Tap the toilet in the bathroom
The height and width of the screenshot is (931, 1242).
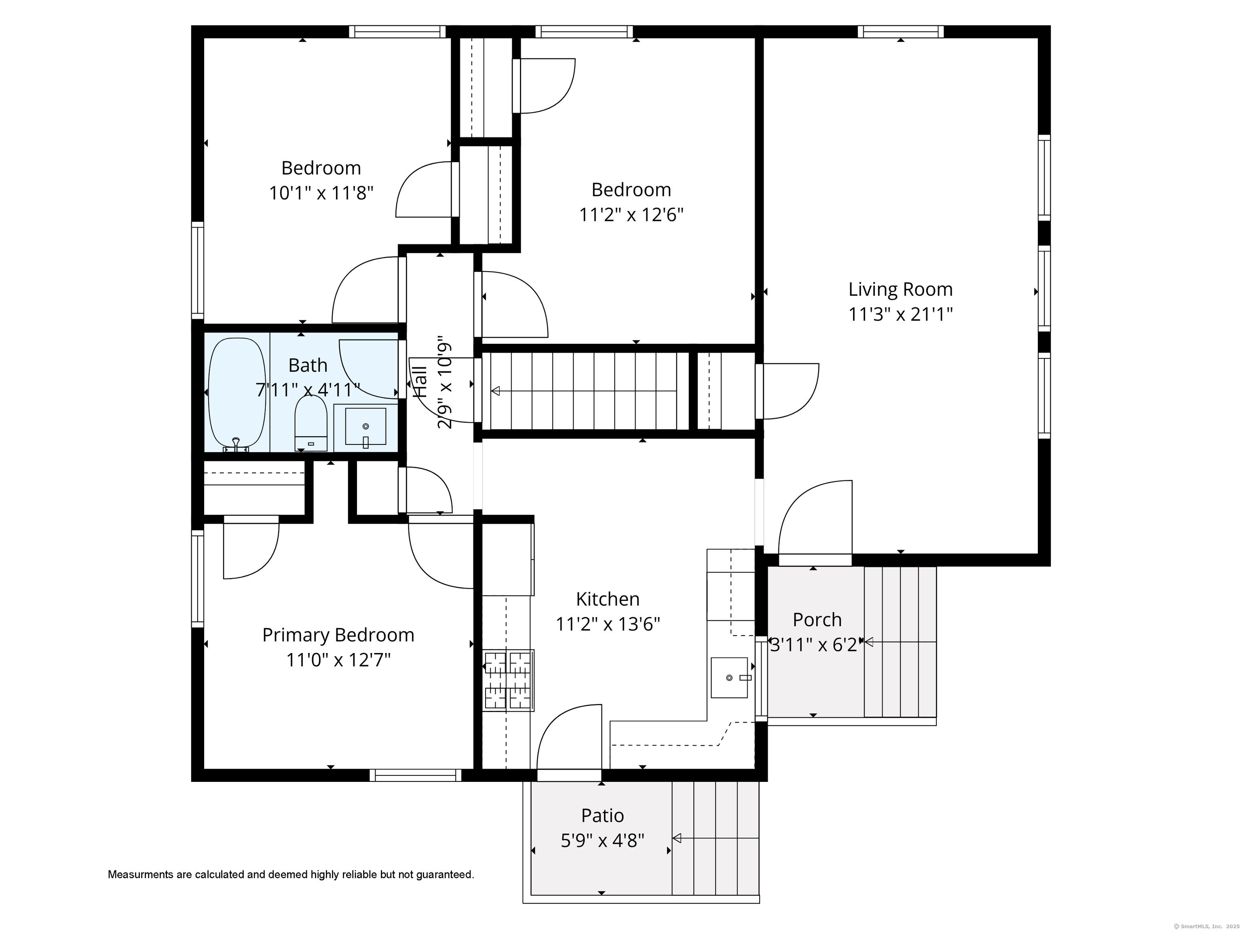[x=311, y=423]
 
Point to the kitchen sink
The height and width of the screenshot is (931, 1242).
[x=729, y=677]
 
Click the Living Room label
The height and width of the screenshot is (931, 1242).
[x=900, y=290]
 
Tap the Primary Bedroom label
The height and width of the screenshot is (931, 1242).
[x=338, y=635]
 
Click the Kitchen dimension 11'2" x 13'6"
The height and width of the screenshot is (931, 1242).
[x=608, y=624]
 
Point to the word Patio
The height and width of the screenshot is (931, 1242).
[x=602, y=815]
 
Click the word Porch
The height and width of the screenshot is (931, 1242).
[x=817, y=620]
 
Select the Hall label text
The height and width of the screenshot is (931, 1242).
[x=420, y=382]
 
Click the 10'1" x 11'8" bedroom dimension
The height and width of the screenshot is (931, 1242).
[x=321, y=193]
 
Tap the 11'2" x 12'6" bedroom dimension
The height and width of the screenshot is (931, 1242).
[x=631, y=215]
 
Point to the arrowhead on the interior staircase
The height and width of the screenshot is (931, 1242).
[x=495, y=391]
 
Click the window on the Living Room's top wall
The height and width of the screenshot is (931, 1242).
[x=901, y=32]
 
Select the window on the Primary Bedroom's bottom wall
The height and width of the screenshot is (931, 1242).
[x=416, y=775]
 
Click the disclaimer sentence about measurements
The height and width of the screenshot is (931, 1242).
[x=291, y=874]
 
